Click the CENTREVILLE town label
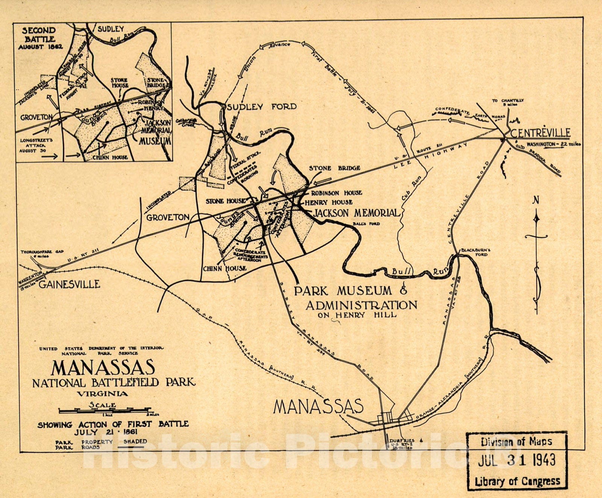click(540, 133)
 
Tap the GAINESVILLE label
click(70, 284)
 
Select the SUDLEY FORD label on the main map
click(261, 107)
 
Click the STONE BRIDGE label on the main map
click(334, 168)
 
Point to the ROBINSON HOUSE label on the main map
click(336, 193)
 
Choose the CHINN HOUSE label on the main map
click(225, 268)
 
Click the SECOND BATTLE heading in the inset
click(38, 35)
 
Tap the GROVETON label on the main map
click(168, 217)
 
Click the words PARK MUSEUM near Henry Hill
click(343, 291)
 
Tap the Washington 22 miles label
click(553, 144)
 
